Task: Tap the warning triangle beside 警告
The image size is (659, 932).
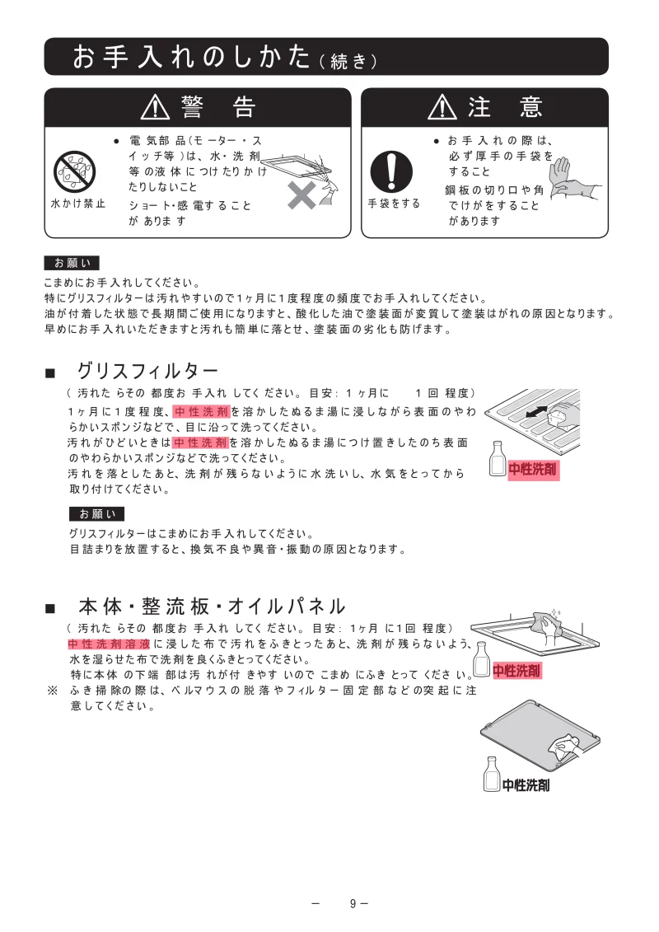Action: pos(155,107)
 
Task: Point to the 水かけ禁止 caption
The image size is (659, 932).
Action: pos(78,203)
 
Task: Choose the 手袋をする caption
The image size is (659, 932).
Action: pos(393,203)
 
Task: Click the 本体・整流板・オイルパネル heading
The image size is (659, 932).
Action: pos(212,607)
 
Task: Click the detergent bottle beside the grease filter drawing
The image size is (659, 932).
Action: pos(497,459)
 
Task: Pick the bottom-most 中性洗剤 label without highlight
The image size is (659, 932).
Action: pos(526,785)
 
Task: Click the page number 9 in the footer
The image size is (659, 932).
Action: pos(353,904)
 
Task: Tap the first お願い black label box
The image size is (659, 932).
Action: pos(72,263)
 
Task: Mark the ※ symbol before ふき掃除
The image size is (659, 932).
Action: pos(52,691)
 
